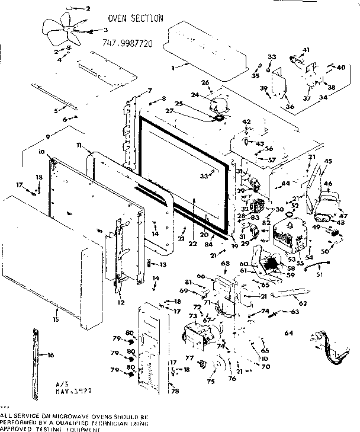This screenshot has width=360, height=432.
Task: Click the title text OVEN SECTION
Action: click(x=136, y=18)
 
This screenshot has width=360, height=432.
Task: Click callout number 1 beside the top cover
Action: click(x=172, y=68)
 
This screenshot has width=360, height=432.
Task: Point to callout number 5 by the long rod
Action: click(x=56, y=110)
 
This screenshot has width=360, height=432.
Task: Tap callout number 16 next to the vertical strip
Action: click(x=50, y=355)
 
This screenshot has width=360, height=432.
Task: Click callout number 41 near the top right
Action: click(x=306, y=49)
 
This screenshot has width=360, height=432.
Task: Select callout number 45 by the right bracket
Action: click(x=328, y=161)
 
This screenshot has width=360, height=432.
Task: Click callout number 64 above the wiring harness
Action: click(x=289, y=333)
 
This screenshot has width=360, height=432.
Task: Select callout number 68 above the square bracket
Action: click(x=225, y=263)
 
